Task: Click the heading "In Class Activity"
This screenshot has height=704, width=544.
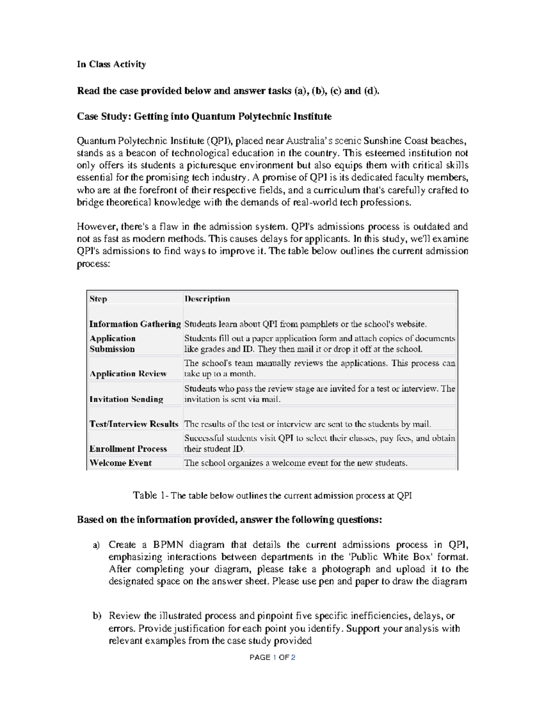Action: click(111, 64)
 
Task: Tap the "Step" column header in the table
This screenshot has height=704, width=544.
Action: click(98, 299)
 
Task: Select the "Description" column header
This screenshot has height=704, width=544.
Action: click(207, 299)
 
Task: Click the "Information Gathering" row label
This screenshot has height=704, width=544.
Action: click(135, 324)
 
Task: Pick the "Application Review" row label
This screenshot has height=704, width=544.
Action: click(128, 374)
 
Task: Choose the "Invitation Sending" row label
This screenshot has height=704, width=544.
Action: click(126, 399)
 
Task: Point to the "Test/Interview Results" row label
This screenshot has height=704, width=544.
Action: click(134, 424)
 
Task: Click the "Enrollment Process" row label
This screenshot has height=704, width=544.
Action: click(128, 449)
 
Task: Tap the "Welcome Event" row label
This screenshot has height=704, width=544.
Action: click(121, 463)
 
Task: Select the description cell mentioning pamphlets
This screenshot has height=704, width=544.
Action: click(305, 324)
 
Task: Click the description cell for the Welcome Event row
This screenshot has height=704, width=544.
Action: click(296, 463)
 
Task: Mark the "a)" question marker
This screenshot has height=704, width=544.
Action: click(96, 545)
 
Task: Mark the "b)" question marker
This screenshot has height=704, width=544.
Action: click(96, 616)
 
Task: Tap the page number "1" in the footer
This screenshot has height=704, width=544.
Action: click(274, 657)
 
